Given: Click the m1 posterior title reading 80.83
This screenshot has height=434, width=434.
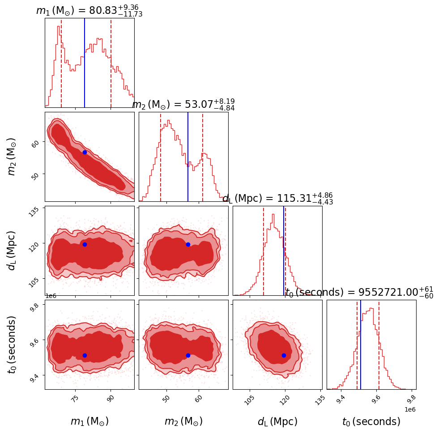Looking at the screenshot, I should (x=89, y=11).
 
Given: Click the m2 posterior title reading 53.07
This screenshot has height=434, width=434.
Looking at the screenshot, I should (x=183, y=105).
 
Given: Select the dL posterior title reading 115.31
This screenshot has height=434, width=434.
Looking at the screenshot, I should (x=277, y=199).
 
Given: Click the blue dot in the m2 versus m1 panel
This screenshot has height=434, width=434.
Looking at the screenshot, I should (x=85, y=152).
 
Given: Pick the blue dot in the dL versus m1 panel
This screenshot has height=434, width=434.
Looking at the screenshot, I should (x=85, y=244).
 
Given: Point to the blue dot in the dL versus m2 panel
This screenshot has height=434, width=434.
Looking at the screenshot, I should (x=188, y=244).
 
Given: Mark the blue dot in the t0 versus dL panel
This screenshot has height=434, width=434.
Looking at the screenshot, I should (x=284, y=355).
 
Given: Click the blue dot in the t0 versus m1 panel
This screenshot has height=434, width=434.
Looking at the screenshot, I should (x=85, y=355).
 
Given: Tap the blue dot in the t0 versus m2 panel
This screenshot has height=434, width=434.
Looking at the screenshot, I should (x=188, y=355).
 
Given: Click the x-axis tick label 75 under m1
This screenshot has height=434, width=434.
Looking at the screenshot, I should (x=75, y=399).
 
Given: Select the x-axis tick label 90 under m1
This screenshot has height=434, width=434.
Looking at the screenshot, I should (x=111, y=399).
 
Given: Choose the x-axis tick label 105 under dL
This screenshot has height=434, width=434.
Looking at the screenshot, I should (x=249, y=399).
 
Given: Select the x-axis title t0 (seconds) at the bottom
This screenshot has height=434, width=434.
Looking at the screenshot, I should (x=371, y=421).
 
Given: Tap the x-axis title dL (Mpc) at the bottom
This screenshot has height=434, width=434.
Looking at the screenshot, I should (x=277, y=421).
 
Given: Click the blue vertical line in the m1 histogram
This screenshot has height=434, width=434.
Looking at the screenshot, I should (x=85, y=63).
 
